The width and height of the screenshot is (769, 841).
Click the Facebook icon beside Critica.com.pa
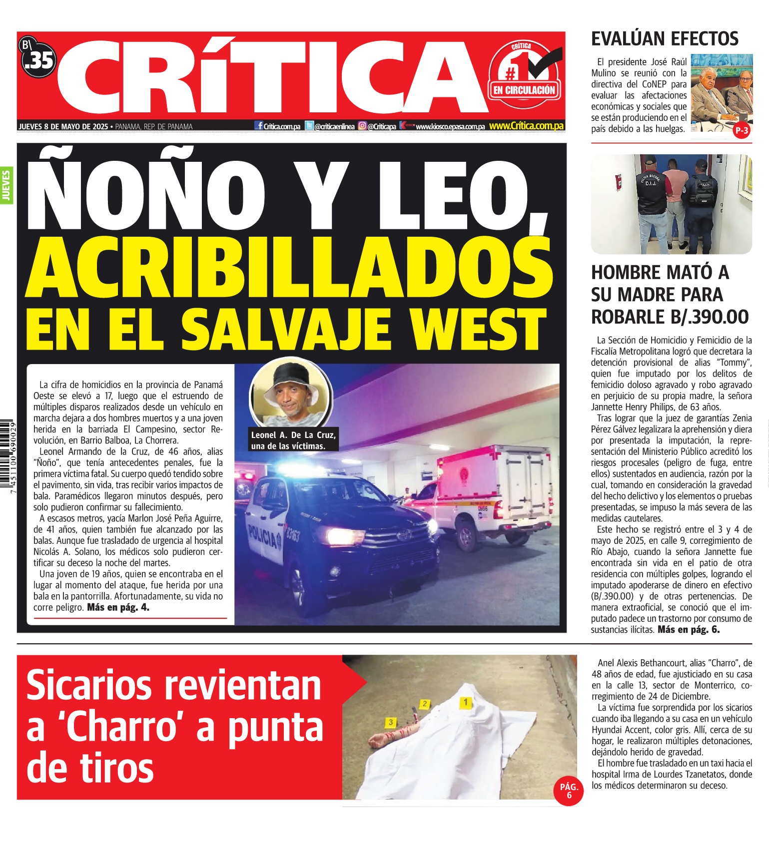[x=259, y=126]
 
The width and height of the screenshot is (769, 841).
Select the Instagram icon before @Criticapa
[x=362, y=126]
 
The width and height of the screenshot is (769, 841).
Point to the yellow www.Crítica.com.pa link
[x=526, y=126]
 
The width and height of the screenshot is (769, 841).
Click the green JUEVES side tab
[x=6, y=185]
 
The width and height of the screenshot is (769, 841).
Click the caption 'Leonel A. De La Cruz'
[x=293, y=435]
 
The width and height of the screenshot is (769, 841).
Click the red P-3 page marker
[x=742, y=131]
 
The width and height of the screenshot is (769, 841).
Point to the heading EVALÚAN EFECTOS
[x=665, y=39]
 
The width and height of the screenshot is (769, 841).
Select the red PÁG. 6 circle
[x=569, y=791]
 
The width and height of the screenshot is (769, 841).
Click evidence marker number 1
[x=465, y=702]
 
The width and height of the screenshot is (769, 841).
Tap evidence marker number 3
[x=391, y=722]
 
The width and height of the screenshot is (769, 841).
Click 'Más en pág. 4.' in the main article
[x=118, y=607]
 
